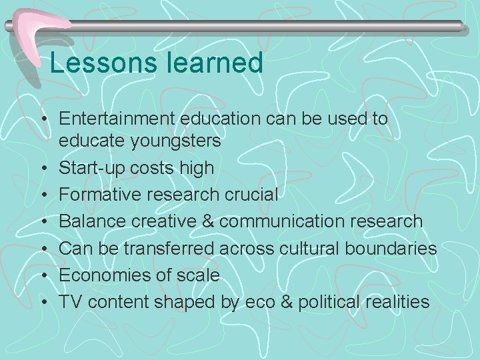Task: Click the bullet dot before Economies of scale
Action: coord(44,275)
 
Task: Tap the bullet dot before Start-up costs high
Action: coord(44,168)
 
